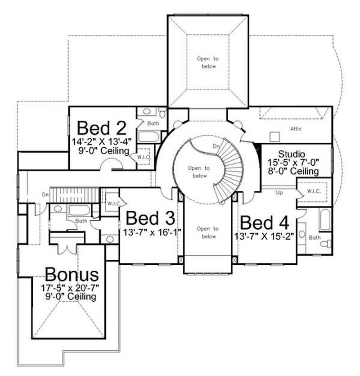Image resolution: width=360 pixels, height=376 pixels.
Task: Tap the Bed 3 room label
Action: click(150, 218)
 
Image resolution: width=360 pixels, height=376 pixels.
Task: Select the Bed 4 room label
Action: click(263, 222)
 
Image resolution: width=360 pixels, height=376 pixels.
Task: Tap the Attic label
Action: click(296, 129)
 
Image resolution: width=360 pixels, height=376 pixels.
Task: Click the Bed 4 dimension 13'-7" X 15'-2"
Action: click(264, 236)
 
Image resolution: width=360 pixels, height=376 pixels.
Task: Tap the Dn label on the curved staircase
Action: click(216, 146)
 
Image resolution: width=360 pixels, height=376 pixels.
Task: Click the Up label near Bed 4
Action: click(279, 193)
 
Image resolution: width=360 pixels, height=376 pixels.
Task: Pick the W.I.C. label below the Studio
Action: click(314, 190)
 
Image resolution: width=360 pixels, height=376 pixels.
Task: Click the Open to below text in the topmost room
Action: click(207, 62)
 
